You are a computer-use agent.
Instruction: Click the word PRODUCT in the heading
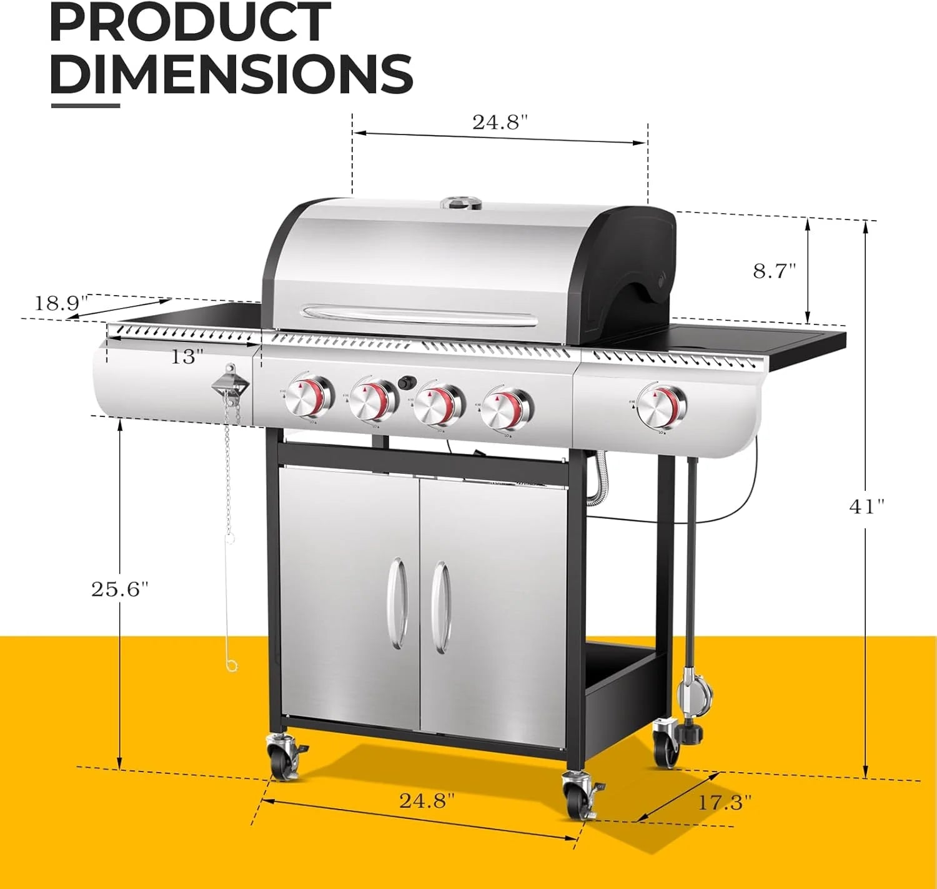click(x=190, y=23)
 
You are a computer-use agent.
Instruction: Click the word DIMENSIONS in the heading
click(x=231, y=74)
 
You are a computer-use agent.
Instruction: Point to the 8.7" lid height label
click(x=775, y=271)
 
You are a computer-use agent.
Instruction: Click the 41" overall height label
click(x=867, y=506)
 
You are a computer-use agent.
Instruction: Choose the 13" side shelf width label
click(x=187, y=356)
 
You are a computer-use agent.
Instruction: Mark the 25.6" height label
click(x=120, y=589)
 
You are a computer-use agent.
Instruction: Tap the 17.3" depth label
click(x=724, y=802)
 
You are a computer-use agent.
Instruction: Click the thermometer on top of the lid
click(x=462, y=203)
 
